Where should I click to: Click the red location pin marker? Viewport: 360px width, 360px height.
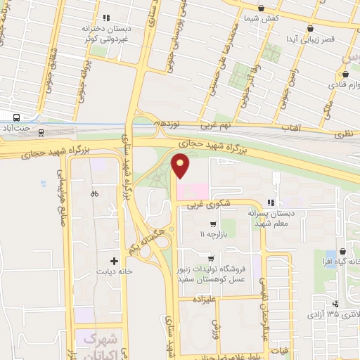click(x=181, y=165)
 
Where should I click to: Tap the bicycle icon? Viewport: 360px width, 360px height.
click(x=95, y=193)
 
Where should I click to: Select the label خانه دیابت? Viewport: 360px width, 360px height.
click(x=116, y=271)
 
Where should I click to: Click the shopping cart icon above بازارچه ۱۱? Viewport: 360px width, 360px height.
click(x=203, y=225)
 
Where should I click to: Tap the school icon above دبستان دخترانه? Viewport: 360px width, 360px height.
click(x=105, y=18)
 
